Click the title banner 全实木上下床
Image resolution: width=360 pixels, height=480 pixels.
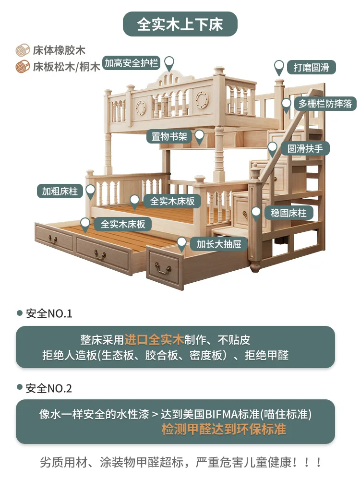click(x=180, y=24)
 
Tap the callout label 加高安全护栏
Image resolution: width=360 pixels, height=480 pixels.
click(x=131, y=63)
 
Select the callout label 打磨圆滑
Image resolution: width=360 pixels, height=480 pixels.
click(x=311, y=67)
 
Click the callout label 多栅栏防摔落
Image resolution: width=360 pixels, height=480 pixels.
click(x=325, y=104)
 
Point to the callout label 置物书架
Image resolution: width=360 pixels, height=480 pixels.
click(x=169, y=137)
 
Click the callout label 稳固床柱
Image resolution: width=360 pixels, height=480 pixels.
click(x=288, y=213)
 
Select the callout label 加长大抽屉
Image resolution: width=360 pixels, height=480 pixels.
click(x=219, y=244)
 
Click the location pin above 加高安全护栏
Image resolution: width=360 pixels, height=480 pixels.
click(x=169, y=62)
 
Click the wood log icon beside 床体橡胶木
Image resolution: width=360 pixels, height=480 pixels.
click(x=22, y=50)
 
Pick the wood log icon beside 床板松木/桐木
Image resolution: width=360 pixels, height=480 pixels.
click(x=22, y=66)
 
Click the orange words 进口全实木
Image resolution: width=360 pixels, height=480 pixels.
click(x=154, y=340)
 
